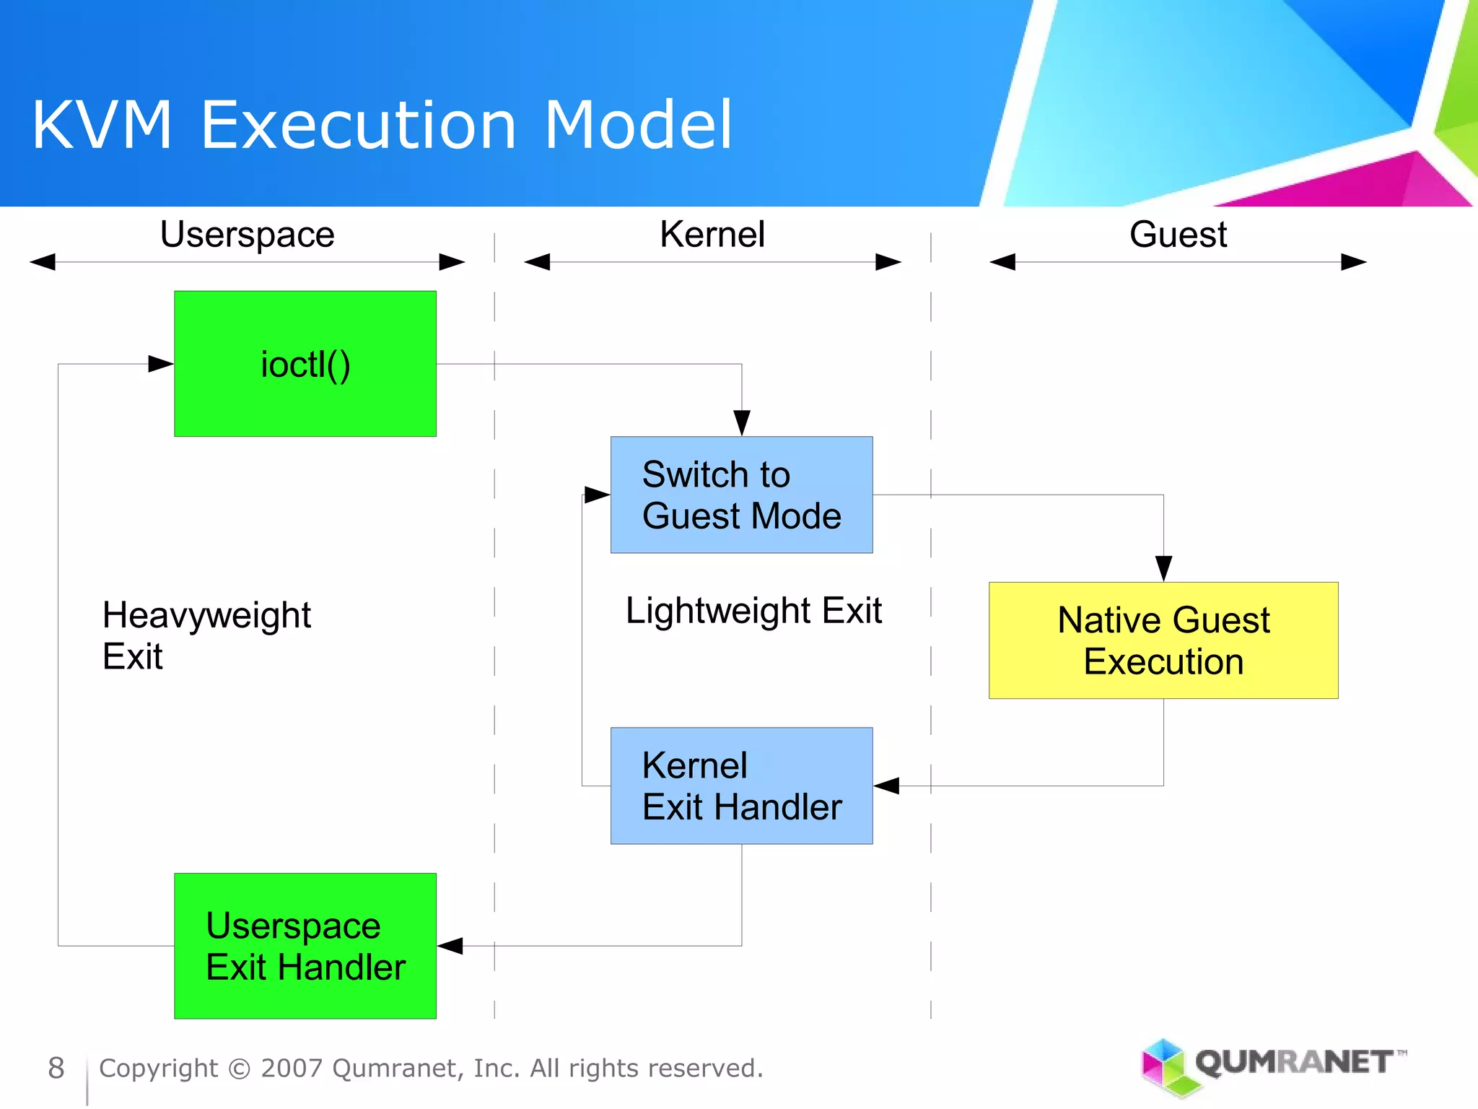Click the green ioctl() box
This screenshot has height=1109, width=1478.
[305, 364]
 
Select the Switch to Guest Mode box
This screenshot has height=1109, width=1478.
[741, 495]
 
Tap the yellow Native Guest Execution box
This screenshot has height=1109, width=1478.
[1163, 640]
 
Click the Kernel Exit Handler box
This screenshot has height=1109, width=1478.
[741, 786]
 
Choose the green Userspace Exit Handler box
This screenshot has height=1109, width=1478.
[305, 946]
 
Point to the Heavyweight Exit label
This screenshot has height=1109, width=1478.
[206, 635]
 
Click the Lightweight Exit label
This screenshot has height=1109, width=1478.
[753, 611]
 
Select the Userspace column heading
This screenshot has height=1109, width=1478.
[247, 235]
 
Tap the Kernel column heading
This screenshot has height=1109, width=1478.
[712, 235]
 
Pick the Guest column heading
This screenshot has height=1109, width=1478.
[1178, 235]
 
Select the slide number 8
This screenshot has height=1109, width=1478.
[56, 1068]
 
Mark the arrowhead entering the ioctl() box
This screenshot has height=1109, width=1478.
[161, 364]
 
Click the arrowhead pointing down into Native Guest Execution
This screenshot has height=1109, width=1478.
[1163, 568]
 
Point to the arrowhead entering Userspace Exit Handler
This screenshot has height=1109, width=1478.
[450, 946]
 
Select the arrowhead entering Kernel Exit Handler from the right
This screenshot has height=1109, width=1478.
[886, 786]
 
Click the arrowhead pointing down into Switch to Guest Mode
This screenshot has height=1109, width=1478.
[741, 422]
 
